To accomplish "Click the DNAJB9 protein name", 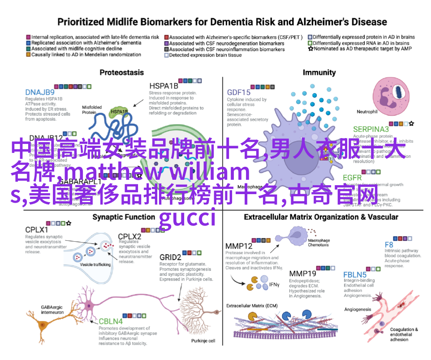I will (x=39, y=92).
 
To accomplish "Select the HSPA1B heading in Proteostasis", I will (x=164, y=86).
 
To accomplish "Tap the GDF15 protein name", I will (x=238, y=92).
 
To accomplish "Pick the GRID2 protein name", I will (x=170, y=257).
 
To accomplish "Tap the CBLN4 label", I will (x=110, y=321).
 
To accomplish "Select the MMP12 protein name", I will (x=239, y=246).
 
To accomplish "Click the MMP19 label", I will (x=302, y=273).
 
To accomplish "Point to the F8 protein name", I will (x=389, y=245).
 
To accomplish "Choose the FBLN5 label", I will (x=355, y=274).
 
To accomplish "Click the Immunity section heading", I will (x=319, y=72).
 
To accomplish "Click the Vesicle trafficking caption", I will (x=95, y=265).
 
